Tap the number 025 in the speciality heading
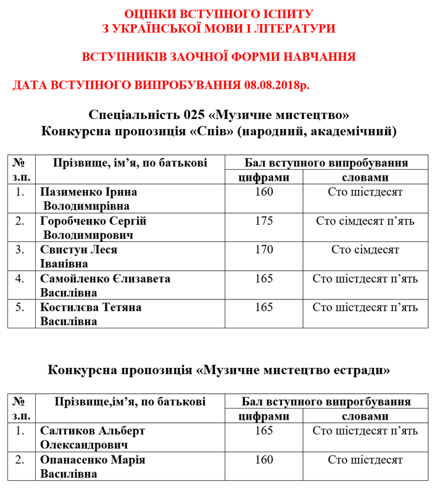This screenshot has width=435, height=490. pyautogui.click(x=196, y=115)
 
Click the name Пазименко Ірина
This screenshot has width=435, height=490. pyautogui.click(x=88, y=192)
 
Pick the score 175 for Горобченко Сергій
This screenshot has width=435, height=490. pyautogui.click(x=263, y=221)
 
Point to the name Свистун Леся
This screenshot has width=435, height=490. pyautogui.click(x=78, y=250)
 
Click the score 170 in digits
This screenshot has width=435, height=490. pyautogui.click(x=263, y=250)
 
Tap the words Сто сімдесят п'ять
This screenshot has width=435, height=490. pyautogui.click(x=365, y=221)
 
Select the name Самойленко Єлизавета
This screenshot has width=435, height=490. pyautogui.click(x=105, y=279)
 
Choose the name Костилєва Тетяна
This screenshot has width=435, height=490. pyautogui.click(x=91, y=307)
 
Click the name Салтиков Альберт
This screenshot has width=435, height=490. pyautogui.click(x=92, y=431)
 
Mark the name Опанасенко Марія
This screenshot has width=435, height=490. pyautogui.click(x=93, y=460)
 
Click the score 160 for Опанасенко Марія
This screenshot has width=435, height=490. pyautogui.click(x=263, y=460)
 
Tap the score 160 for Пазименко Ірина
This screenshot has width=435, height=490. pyautogui.click(x=263, y=192)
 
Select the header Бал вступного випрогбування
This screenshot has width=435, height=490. pyautogui.click(x=326, y=402)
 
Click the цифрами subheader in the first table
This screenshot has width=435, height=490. pyautogui.click(x=263, y=178)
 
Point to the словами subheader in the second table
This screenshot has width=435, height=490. pyautogui.click(x=365, y=416)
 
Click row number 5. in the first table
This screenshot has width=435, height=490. pyautogui.click(x=20, y=307)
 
